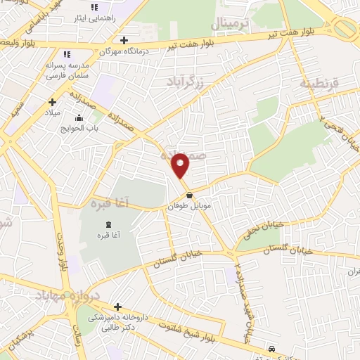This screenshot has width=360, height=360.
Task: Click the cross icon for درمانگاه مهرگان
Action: [x=124, y=39]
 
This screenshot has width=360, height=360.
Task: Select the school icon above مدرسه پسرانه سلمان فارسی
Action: [x=67, y=54]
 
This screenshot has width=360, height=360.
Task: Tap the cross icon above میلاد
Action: [x=52, y=103]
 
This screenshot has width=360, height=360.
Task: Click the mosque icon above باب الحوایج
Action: [x=78, y=117]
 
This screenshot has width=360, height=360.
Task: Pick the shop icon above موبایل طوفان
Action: [x=189, y=195]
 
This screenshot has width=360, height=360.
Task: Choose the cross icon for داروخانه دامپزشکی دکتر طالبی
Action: [x=117, y=307]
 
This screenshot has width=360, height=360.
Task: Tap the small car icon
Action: [x=271, y=349]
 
